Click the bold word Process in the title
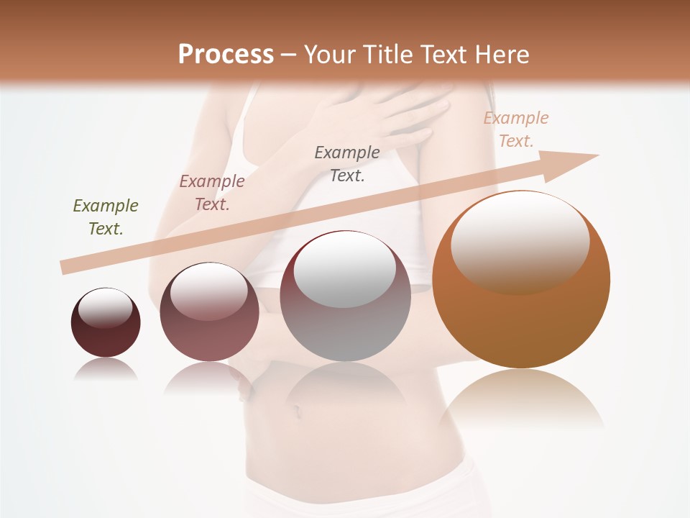(x=226, y=54)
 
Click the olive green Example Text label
(x=106, y=217)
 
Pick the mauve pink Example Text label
(x=212, y=193)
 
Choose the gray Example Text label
(x=347, y=163)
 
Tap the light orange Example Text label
(x=516, y=129)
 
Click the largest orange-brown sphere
(x=521, y=317)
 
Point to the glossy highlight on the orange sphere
(x=520, y=241)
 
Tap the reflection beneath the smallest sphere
(x=106, y=369)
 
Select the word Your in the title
(x=331, y=54)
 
